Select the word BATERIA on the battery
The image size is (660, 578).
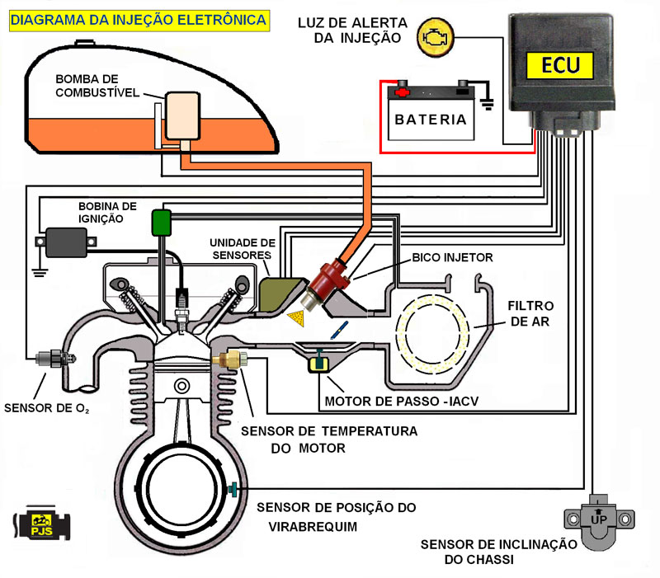tap(431, 119)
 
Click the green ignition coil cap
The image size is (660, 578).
tap(160, 220)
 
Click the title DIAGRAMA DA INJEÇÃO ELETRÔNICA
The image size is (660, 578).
tap(139, 19)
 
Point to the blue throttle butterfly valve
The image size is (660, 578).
tap(336, 331)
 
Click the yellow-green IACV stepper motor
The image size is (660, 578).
tap(317, 362)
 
